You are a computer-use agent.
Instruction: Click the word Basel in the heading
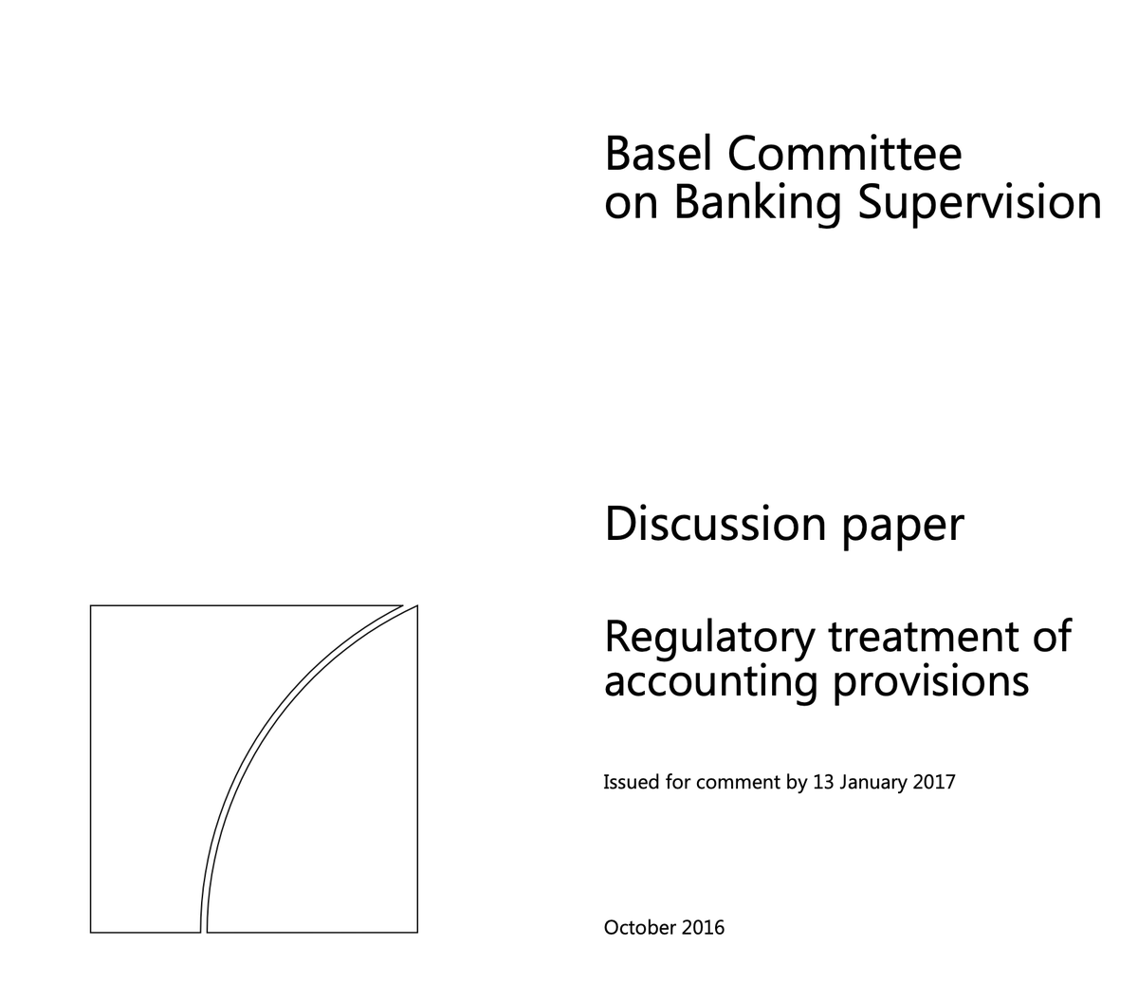point(658,153)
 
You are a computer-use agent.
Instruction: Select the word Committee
point(844,153)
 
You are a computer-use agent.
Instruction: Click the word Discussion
point(715,524)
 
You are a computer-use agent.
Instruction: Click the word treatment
point(923,638)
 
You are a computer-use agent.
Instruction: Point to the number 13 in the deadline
point(823,782)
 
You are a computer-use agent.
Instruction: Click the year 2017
point(933,782)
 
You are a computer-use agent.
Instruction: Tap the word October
point(640,927)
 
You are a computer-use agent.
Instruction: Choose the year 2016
point(703,927)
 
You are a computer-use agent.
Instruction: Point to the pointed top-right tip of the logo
point(416,605)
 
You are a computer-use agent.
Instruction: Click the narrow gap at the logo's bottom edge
point(204,933)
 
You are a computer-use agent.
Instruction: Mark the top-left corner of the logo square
point(90,605)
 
